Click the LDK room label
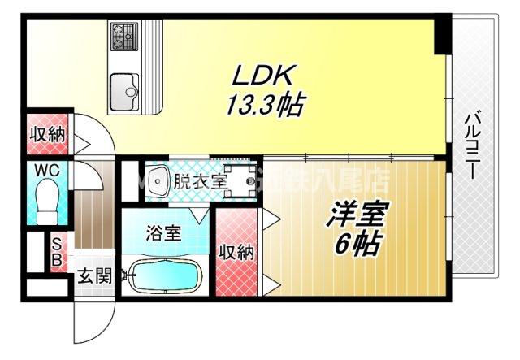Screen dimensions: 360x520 [259, 78]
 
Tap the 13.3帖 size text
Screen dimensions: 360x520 [259, 104]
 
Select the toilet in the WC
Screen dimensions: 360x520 [48, 198]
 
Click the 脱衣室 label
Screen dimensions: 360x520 [200, 180]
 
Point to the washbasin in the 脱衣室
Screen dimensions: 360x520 [156, 179]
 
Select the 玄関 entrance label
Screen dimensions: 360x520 [94, 276]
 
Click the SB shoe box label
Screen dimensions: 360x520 [57, 252]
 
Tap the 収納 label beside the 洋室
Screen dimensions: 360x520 [236, 252]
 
